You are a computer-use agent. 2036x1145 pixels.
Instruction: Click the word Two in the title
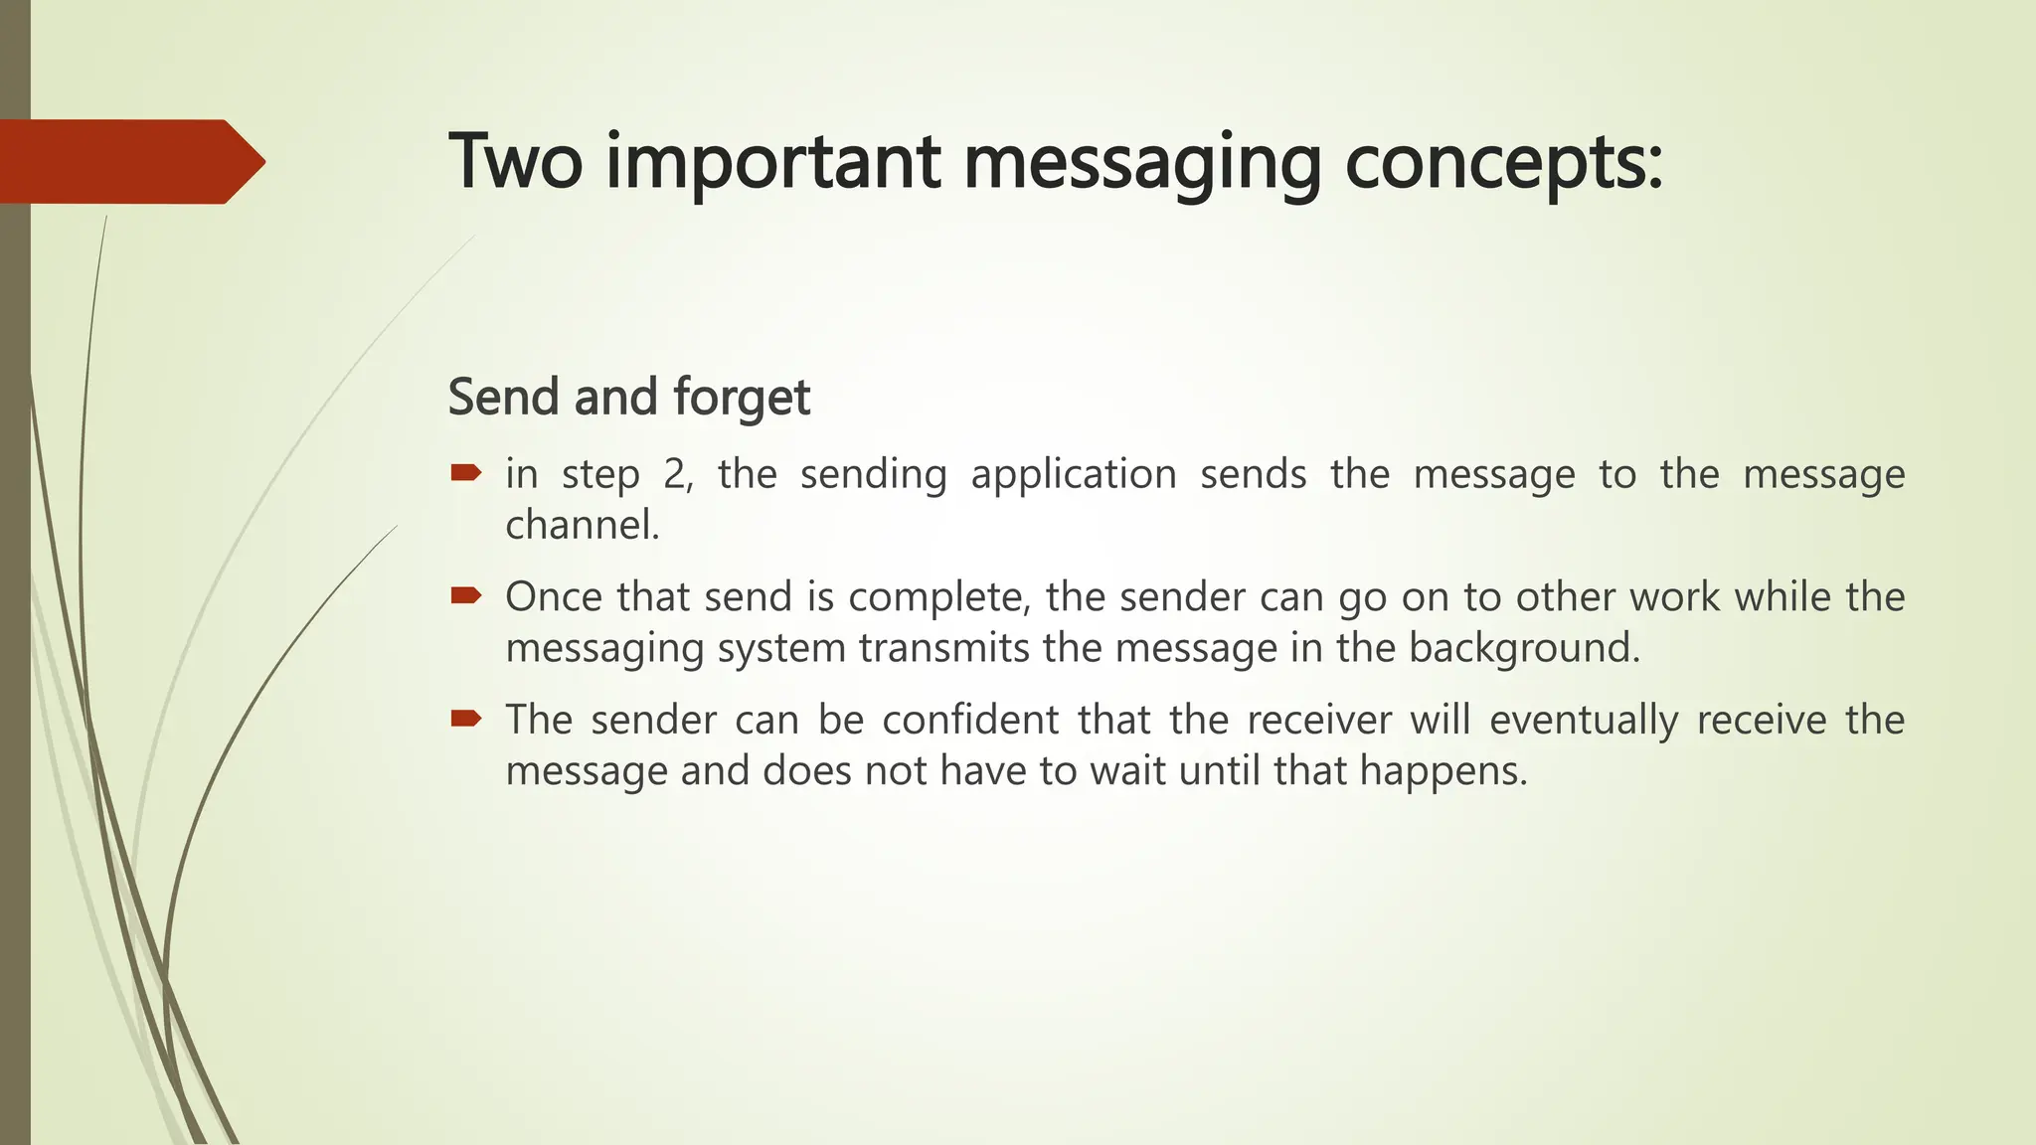[515, 161]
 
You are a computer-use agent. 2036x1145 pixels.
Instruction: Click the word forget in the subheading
[741, 398]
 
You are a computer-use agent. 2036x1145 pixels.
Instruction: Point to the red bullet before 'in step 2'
[465, 473]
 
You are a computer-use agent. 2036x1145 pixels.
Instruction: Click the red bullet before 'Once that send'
[465, 596]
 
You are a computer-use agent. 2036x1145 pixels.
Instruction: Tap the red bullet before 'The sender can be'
[465, 719]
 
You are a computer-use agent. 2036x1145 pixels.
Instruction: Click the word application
[1074, 475]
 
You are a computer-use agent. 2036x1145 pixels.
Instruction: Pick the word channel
[582, 525]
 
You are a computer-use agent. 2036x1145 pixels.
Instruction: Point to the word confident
[970, 720]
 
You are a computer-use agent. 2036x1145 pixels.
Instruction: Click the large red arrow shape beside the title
[129, 161]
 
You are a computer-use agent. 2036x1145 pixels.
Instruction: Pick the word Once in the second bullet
[553, 597]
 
